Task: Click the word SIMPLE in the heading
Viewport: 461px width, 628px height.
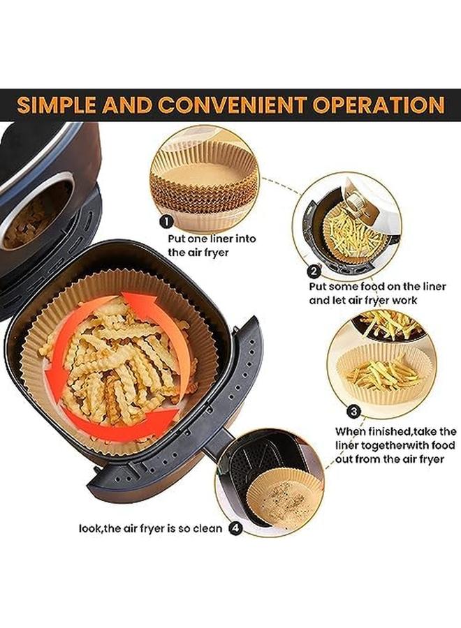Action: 55,105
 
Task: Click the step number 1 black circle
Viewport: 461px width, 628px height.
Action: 166,222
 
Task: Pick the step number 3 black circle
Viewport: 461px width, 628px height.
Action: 354,410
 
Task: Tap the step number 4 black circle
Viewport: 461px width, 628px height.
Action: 236,528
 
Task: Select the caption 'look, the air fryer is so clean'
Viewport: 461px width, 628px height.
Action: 150,528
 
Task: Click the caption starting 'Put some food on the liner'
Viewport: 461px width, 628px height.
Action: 378,293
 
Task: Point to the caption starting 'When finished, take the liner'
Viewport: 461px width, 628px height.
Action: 395,445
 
